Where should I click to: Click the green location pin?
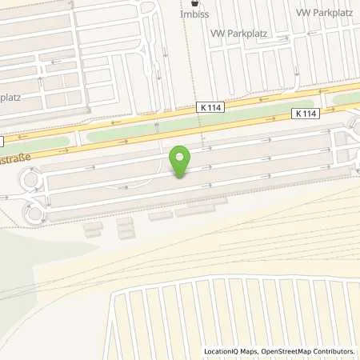click(x=182, y=161)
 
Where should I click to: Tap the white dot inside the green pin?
click(x=182, y=157)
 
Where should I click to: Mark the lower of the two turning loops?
click(x=34, y=212)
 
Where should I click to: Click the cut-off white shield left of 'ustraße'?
click(x=2, y=141)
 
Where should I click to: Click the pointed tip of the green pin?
click(x=182, y=176)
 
